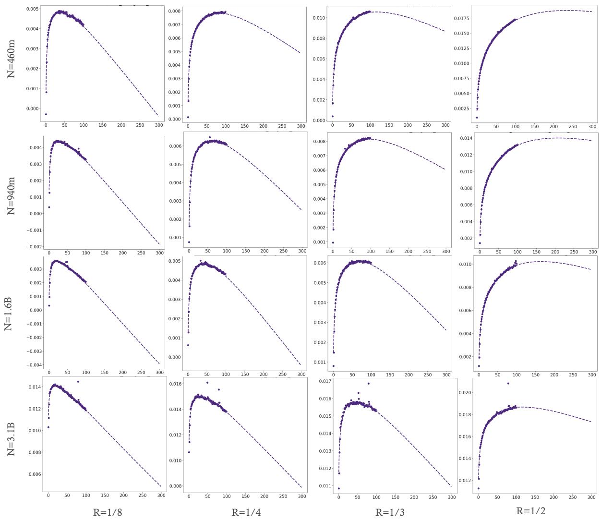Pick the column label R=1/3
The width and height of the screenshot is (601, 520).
pos(389,512)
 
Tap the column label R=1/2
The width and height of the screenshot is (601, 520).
pos(530,511)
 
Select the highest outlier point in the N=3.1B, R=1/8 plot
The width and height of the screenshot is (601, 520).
pos(78,382)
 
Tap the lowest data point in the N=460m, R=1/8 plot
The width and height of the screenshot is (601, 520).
pos(46,114)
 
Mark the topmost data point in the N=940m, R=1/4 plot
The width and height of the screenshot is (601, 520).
pos(209,137)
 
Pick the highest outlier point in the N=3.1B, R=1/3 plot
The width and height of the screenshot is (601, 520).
pos(368,383)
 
